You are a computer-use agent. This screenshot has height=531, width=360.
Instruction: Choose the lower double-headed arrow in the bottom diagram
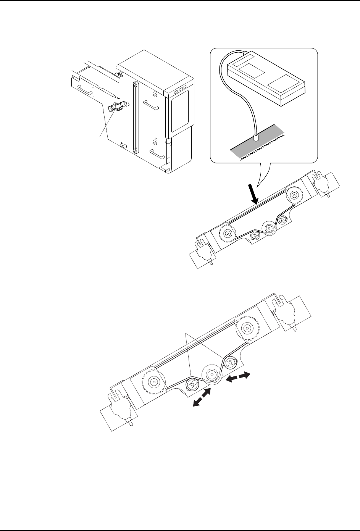202,399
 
